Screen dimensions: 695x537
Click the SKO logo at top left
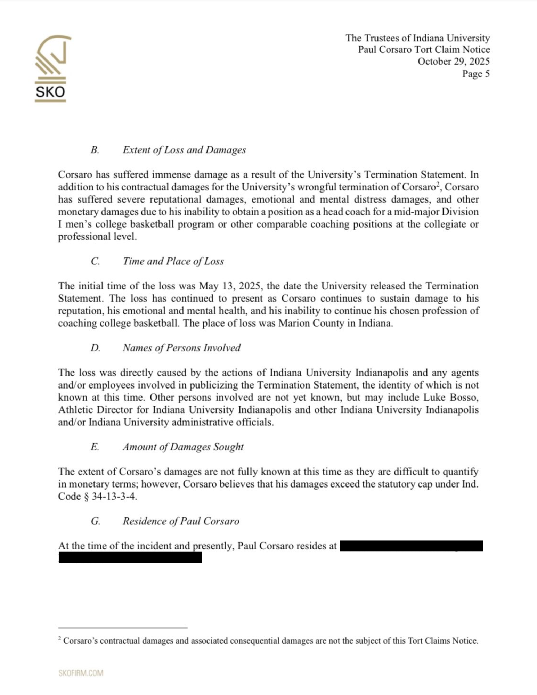[51, 68]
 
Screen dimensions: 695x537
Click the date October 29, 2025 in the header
[453, 62]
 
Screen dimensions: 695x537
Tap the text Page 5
[475, 74]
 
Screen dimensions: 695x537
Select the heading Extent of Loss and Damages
[184, 150]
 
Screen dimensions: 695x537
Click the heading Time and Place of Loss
[173, 261]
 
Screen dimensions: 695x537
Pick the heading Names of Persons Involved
[181, 348]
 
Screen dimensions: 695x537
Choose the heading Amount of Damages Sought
[183, 447]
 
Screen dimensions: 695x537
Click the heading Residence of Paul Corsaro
[181, 521]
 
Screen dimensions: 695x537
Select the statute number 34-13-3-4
[114, 497]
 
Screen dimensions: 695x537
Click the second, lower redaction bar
[130, 557]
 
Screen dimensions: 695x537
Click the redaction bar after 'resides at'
[411, 546]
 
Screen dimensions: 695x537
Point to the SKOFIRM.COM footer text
[81, 673]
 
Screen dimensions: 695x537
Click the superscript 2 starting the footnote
[60, 638]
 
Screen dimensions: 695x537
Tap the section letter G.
[95, 521]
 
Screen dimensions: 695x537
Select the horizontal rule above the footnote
[123, 628]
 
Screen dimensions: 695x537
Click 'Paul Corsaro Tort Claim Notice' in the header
[424, 50]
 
